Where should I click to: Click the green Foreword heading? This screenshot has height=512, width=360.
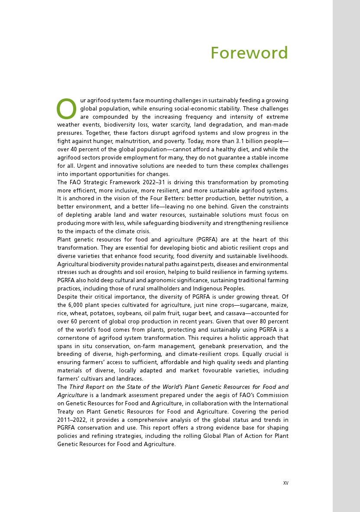[249, 53]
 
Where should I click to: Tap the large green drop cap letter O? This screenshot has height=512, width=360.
[66, 109]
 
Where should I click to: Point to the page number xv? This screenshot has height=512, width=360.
[285, 483]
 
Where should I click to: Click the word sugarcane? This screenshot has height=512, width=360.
[250, 305]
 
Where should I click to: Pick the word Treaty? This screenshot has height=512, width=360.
[66, 411]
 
